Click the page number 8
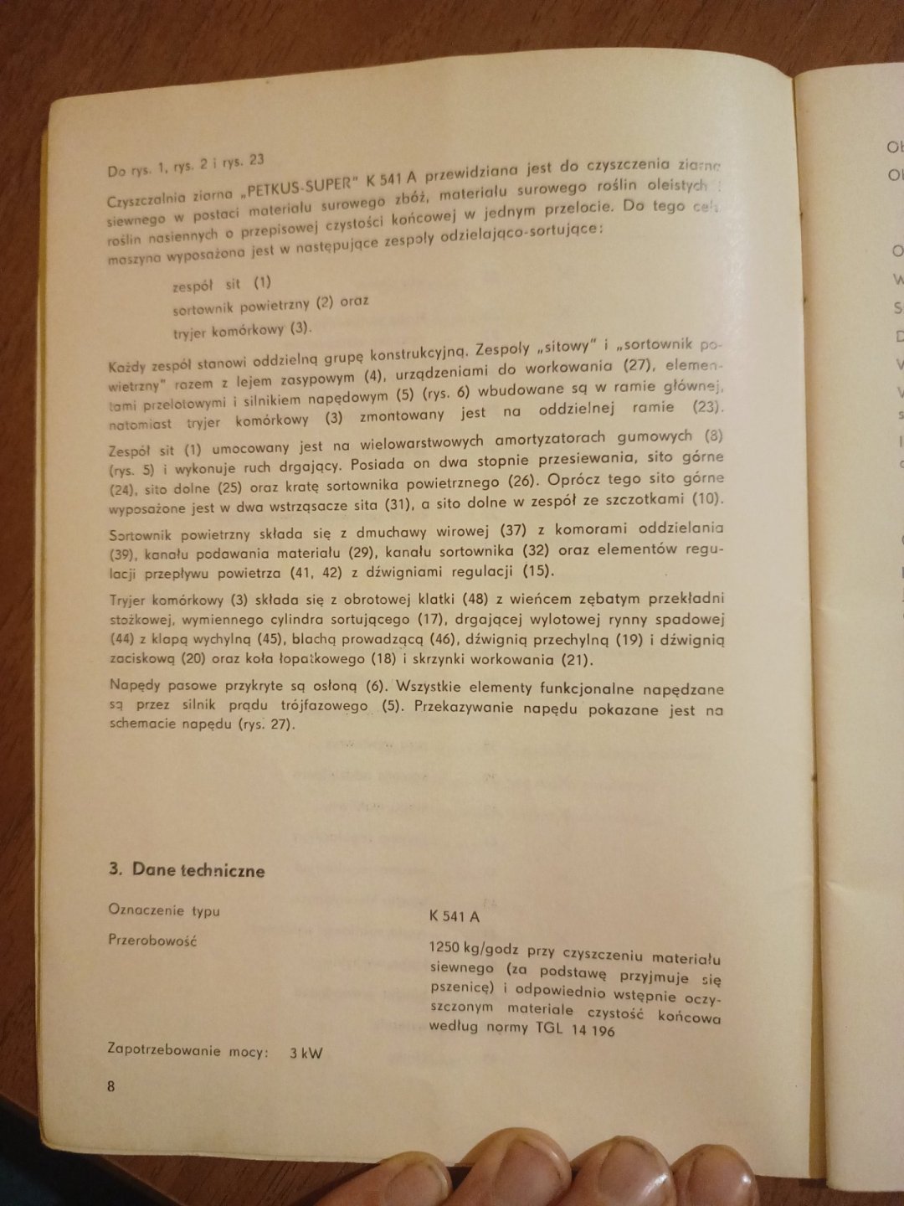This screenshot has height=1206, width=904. pos(111,1086)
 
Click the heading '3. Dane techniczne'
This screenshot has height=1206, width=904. pos(187,870)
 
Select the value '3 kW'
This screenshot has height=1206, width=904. pos(306,1053)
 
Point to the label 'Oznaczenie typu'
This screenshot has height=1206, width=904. pos(164,910)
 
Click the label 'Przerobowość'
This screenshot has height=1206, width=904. pos(152,940)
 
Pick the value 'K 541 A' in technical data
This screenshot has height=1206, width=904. pos(454,916)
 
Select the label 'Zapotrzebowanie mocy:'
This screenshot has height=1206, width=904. pos(188,1051)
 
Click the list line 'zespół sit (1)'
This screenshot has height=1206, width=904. pos(222,284)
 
